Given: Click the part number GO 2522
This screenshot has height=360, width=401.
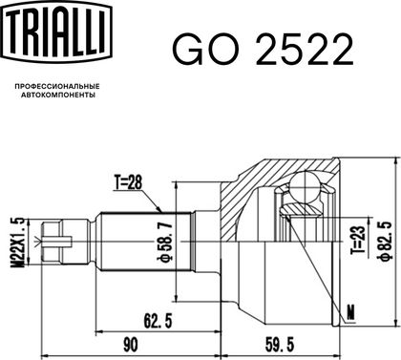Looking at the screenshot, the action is [263, 50].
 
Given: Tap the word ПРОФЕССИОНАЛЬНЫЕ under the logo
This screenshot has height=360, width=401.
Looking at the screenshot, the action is [57, 86].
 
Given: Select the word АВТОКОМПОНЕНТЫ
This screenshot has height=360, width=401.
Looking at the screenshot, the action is [58, 95].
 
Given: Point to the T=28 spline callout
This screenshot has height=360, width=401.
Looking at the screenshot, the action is [128, 182].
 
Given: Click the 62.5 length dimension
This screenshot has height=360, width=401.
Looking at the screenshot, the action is [158, 321].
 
